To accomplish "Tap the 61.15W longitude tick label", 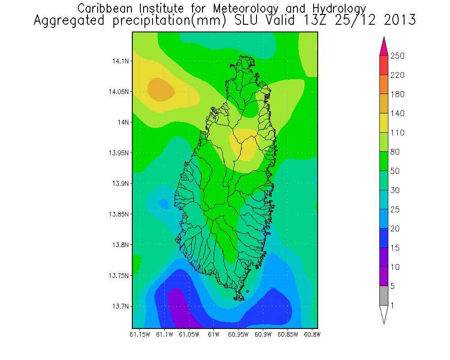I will (x=139, y=334).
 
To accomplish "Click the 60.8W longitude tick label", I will (x=312, y=334).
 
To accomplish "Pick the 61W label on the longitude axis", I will (x=213, y=334).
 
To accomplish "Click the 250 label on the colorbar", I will (x=397, y=56).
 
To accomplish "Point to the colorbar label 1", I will (x=393, y=306).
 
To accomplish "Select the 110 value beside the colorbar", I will (x=397, y=133).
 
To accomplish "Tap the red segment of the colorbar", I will (x=383, y=65).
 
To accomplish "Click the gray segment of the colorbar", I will (x=383, y=296).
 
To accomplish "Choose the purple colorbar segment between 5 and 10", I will (x=383, y=277).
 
